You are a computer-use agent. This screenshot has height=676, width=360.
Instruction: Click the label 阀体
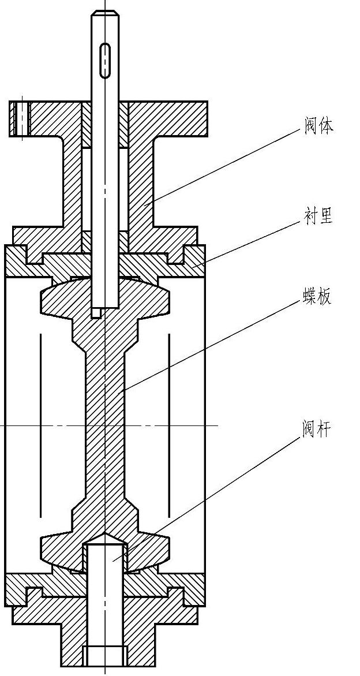click(x=318, y=125)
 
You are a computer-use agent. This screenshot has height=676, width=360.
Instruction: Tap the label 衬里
click(x=318, y=216)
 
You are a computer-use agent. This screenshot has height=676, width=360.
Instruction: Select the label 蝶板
click(x=317, y=297)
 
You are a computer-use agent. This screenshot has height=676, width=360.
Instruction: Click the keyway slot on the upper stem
click(x=105, y=59)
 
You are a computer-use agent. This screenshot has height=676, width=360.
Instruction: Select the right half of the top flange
click(x=167, y=119)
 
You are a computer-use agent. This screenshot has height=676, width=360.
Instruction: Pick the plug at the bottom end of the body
click(x=105, y=656)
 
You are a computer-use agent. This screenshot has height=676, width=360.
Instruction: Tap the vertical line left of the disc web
click(x=40, y=425)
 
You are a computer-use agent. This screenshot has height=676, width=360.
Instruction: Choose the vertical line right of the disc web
click(x=169, y=425)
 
